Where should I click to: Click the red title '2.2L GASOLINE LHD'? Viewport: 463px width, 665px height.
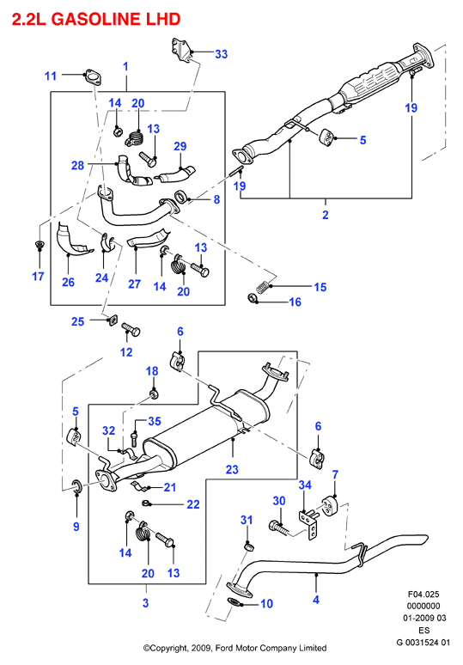(x=96, y=19)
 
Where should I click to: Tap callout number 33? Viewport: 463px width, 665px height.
(x=222, y=54)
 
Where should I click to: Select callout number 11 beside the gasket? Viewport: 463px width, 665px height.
(x=51, y=76)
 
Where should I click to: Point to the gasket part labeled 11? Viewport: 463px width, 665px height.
(x=93, y=77)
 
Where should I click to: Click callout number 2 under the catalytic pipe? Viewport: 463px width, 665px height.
(x=326, y=215)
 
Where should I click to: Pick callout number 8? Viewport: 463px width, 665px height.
(x=216, y=199)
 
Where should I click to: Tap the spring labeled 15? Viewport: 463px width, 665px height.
(x=264, y=286)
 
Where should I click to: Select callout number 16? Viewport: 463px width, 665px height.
(x=295, y=302)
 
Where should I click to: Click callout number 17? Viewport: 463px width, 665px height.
(x=38, y=277)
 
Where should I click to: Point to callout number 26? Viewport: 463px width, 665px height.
(x=68, y=283)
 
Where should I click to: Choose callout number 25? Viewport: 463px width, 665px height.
(x=77, y=321)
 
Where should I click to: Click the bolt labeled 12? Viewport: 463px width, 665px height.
(x=131, y=329)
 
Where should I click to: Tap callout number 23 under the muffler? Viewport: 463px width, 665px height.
(x=232, y=469)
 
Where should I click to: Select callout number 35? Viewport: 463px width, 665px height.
(x=155, y=421)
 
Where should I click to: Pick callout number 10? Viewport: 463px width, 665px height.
(x=266, y=603)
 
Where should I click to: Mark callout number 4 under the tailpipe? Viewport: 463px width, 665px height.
(x=316, y=600)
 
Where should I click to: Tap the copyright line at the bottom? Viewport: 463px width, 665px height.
(x=235, y=648)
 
